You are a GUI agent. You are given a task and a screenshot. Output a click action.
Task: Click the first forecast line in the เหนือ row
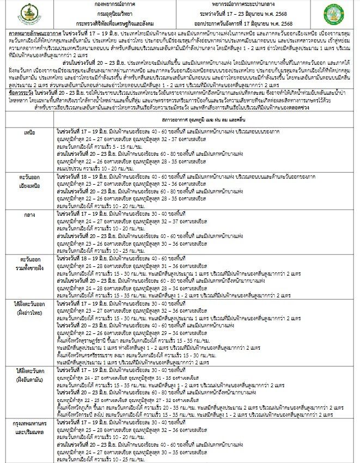click(x=180, y=131)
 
